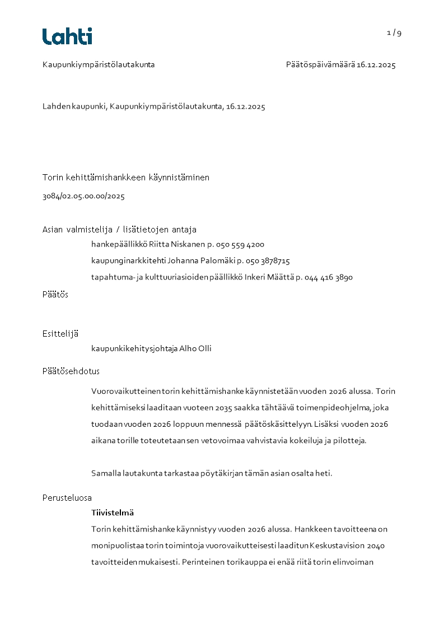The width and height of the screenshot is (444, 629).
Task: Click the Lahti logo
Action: (67, 36)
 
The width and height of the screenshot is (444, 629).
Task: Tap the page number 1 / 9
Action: (394, 32)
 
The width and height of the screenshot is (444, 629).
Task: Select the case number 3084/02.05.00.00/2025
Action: (83, 196)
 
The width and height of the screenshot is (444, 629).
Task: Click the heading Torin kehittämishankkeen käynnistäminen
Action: (126, 178)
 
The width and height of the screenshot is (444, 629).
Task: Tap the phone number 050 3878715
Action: (268, 260)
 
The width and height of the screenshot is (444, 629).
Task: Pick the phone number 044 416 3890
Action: (329, 277)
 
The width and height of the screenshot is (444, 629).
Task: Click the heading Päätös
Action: (55, 295)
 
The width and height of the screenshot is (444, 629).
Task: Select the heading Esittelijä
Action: (60, 334)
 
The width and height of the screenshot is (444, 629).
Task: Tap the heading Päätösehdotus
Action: (71, 371)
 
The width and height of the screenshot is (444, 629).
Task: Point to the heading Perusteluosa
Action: (67, 497)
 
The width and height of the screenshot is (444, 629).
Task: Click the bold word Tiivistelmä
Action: (113, 512)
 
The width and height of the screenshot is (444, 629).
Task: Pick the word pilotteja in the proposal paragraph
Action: (348, 440)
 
